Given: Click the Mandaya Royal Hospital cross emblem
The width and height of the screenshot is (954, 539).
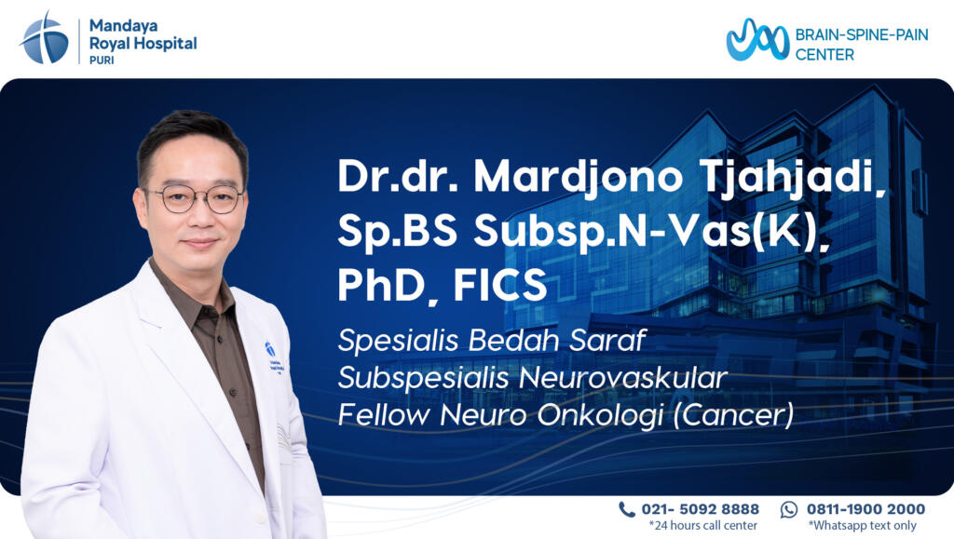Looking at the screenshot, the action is pos(45,38).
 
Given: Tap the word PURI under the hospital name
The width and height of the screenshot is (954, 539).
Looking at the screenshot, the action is pos(102,61).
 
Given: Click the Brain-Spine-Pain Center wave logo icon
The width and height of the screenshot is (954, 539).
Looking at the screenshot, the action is pos(757,40).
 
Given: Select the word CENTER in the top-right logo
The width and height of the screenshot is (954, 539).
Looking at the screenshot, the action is pos(825,55).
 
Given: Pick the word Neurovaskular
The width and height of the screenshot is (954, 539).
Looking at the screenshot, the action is pos(623,377).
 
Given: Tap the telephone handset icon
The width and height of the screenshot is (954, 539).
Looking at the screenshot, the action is pos(627,509).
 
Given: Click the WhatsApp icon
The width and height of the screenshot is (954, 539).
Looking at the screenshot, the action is pos(788,509).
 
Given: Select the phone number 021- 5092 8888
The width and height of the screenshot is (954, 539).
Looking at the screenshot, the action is pos(701,509).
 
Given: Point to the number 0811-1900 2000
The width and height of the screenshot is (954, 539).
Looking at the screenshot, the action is pos(865,509).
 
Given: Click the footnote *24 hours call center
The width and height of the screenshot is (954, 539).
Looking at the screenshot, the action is pos(702,526).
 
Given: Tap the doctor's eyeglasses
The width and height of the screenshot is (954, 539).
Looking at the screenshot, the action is pos(196,199).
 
